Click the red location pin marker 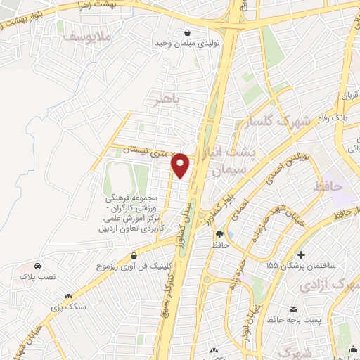[181, 166]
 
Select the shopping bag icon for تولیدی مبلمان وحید [187, 32]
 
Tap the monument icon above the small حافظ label [219, 234]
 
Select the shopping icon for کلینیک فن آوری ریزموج [104, 267]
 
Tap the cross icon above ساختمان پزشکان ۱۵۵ [302, 254]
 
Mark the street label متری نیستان [132, 149]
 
